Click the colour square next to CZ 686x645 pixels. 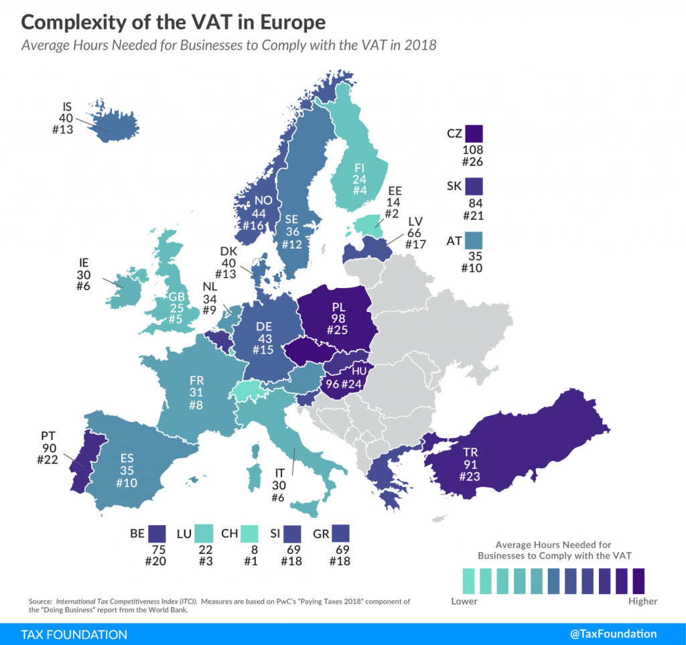475,133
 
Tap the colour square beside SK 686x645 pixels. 475,185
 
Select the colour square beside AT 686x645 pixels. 475,239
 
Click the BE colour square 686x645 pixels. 158,533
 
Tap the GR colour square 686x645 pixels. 341,533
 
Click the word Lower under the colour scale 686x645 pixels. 464,601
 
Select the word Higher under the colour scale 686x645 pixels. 642,601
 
